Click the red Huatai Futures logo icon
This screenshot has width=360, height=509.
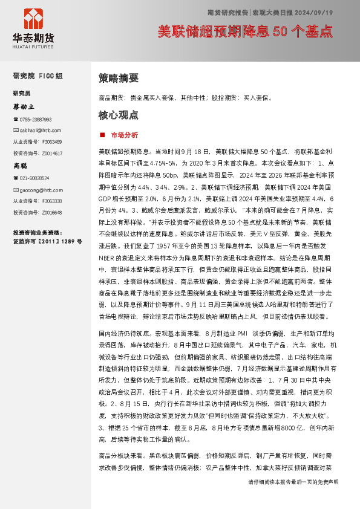coord(33,21)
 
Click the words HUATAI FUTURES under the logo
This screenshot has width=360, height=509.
coord(33,45)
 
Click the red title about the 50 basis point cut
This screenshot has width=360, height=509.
coord(245,31)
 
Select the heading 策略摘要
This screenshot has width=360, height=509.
coord(118,78)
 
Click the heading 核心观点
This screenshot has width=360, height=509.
coord(118,114)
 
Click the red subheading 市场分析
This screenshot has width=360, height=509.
coord(125,134)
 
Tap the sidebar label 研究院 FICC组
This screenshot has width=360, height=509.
coord(38,76)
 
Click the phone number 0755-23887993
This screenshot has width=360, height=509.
coord(36,120)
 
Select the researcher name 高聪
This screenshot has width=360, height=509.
coord(21,165)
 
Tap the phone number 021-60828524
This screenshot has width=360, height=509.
coord(34,178)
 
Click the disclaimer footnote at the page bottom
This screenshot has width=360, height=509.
coord(293,482)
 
